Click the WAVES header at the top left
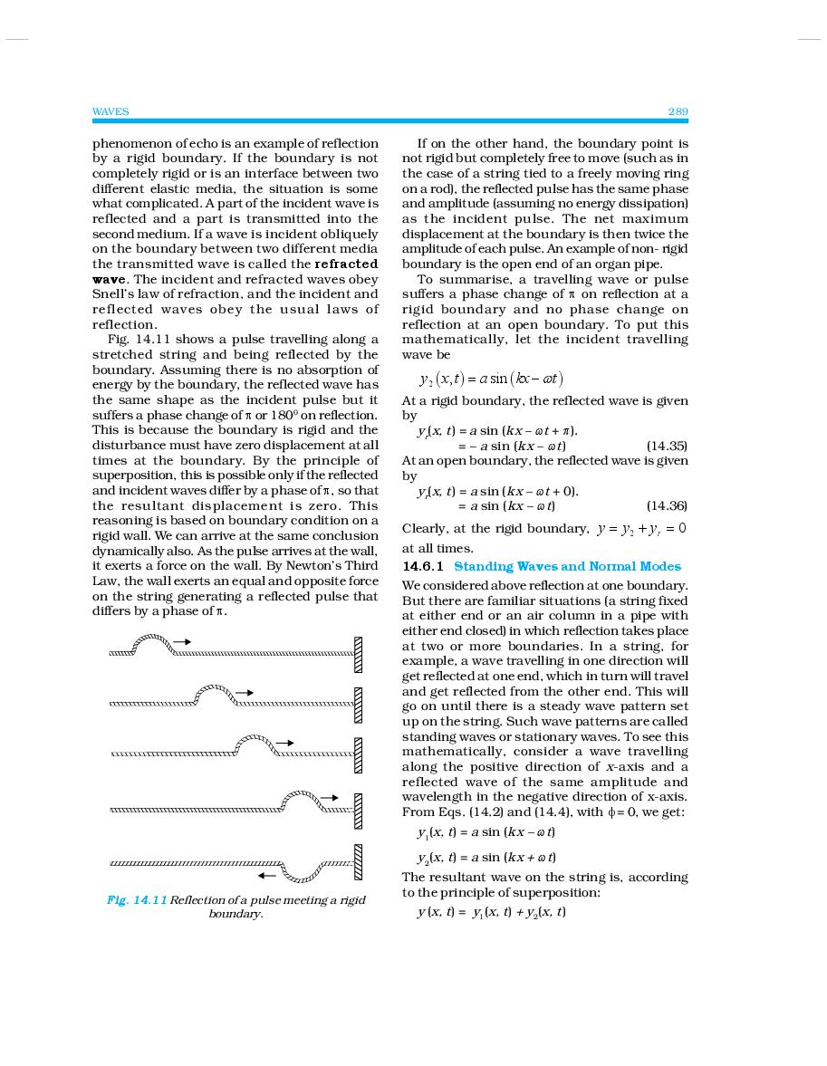tap(111, 111)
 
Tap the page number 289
tap(678, 111)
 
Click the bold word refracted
tap(346, 264)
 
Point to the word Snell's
tap(113, 293)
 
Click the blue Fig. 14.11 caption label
tap(136, 899)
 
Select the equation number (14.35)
tap(667, 446)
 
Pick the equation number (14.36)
tap(667, 505)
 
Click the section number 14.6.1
tap(424, 566)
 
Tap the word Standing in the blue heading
tap(482, 566)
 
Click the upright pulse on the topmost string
tap(152, 644)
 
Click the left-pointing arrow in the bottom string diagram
tap(266, 876)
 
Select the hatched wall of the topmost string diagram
tap(358, 653)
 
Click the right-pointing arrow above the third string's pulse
tap(285, 743)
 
